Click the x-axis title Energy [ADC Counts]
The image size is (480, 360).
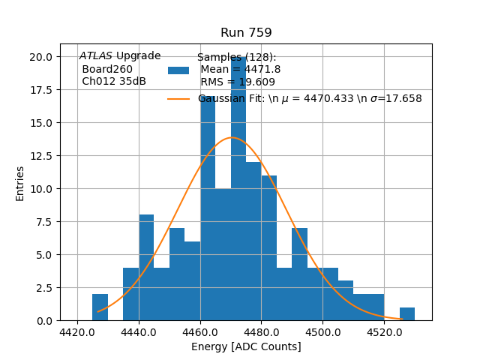click(x=246, y=346)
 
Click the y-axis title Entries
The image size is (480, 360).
click(x=20, y=183)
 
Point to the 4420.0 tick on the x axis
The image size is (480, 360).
click(x=78, y=331)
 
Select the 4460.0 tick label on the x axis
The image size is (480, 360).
click(x=200, y=331)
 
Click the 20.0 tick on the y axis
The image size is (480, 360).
click(x=41, y=57)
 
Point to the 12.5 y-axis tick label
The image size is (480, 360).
click(x=41, y=156)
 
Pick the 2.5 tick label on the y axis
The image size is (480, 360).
click(x=44, y=288)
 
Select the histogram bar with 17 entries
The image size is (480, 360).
click(x=208, y=210)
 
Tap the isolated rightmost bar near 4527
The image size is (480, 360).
click(x=407, y=314)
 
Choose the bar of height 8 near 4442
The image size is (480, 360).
click(x=146, y=270)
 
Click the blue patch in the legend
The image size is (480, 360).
click(x=178, y=70)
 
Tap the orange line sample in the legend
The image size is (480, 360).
click(x=178, y=99)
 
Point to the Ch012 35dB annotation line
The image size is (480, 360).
click(x=113, y=82)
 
